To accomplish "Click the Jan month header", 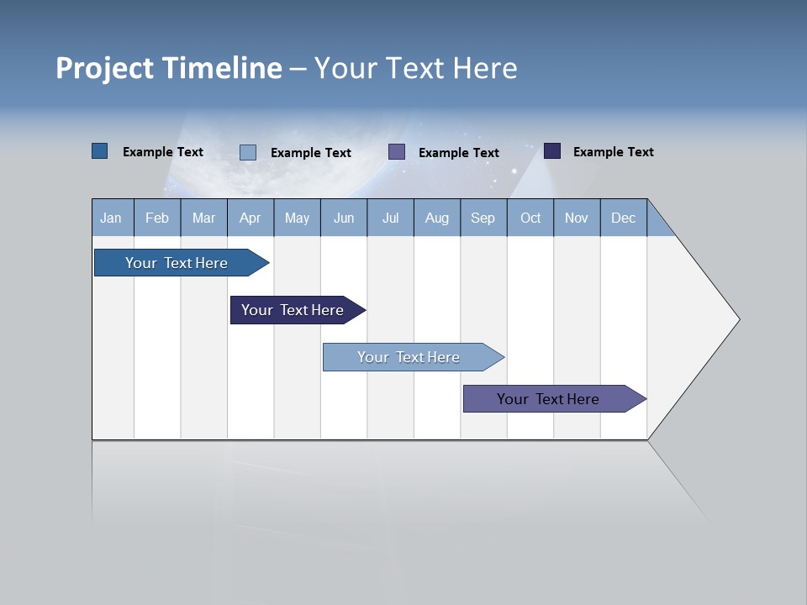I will click(112, 218).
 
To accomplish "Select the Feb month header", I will click(157, 218).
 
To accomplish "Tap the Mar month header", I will click(203, 218).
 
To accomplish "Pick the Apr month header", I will click(251, 218).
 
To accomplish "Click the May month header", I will click(297, 218).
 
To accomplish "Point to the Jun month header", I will click(344, 218).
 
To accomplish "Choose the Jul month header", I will click(390, 218).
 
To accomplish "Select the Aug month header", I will click(437, 218).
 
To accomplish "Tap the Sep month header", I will click(483, 218).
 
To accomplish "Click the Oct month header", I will click(530, 218).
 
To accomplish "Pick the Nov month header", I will click(577, 218).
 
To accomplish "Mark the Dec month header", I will click(624, 218).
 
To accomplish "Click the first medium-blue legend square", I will click(100, 151).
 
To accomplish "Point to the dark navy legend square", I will click(552, 151).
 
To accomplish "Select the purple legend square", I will click(397, 152).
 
